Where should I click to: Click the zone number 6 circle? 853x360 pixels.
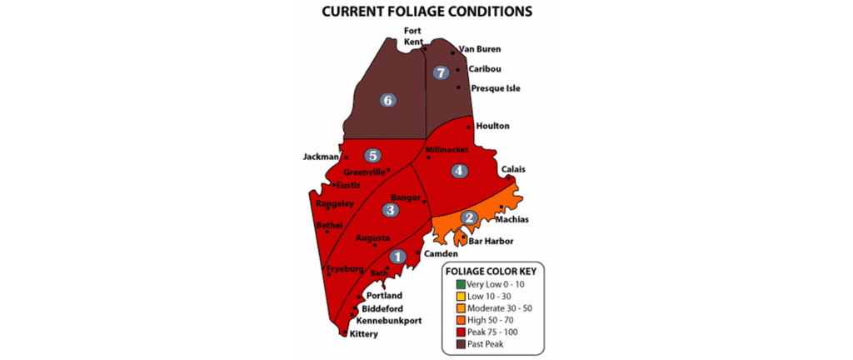click(x=387, y=100)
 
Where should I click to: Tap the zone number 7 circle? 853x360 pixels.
click(x=441, y=72)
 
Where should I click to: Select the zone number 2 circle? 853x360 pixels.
click(x=469, y=217)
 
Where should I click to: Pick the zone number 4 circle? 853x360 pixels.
click(x=457, y=171)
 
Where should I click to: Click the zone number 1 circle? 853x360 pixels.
click(x=397, y=257)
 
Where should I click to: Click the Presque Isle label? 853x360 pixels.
click(x=495, y=88)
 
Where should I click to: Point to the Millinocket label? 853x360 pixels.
click(x=448, y=150)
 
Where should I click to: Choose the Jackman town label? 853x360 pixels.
click(x=321, y=156)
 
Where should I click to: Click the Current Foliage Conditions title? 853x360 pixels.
click(x=426, y=12)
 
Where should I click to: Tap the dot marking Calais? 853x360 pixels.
click(x=509, y=178)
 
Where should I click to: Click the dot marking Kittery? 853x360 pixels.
click(x=345, y=332)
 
